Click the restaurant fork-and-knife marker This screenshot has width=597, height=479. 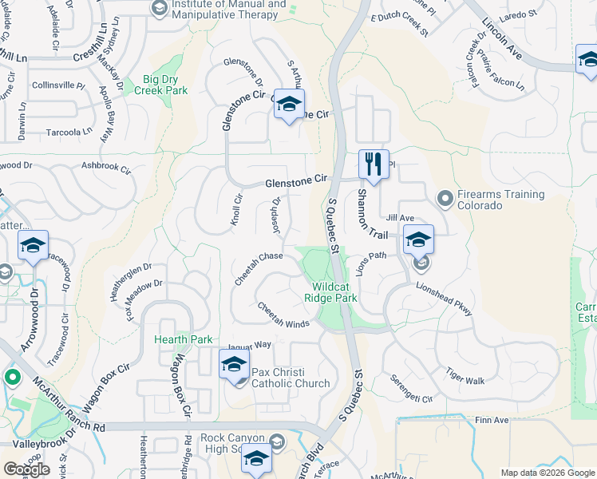[374, 165]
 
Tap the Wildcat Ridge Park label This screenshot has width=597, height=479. [334, 291]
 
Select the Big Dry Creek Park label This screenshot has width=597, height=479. [165, 85]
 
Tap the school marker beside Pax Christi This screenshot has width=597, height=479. [234, 366]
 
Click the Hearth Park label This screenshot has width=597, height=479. [184, 339]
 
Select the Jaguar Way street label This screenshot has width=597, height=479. [250, 346]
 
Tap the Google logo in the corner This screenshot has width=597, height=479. [26, 469]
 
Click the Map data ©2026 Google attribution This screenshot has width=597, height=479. [546, 473]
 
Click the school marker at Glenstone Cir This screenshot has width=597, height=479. [289, 105]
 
